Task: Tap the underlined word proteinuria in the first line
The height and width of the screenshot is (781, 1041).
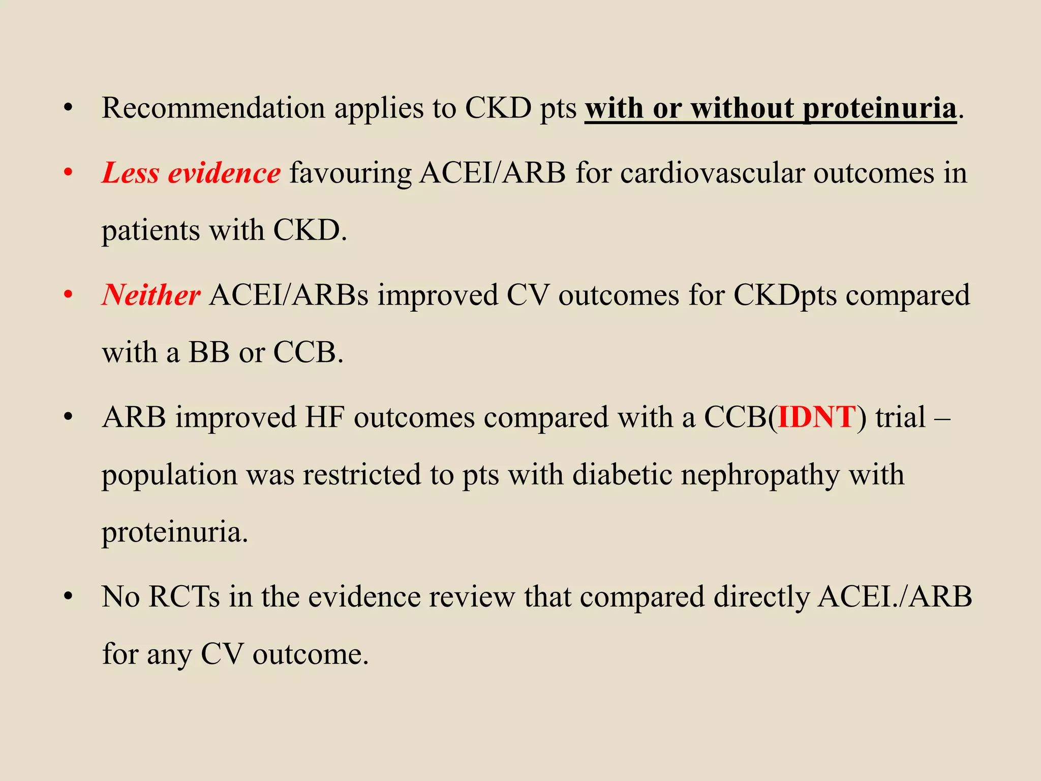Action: click(x=879, y=108)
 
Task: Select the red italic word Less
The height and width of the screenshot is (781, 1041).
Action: click(x=131, y=173)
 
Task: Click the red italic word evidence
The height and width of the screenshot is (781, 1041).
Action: click(x=224, y=173)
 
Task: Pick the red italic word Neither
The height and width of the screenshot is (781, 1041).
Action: click(x=151, y=295)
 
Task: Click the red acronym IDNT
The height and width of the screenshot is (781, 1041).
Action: click(x=817, y=417)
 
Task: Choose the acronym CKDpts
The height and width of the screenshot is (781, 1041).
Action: click(x=784, y=295)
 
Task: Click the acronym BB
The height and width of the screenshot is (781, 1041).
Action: click(x=209, y=352)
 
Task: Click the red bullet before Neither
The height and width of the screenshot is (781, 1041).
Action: click(x=68, y=295)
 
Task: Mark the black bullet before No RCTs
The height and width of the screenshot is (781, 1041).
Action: click(x=68, y=596)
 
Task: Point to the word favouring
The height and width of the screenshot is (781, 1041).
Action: click(x=350, y=174)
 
